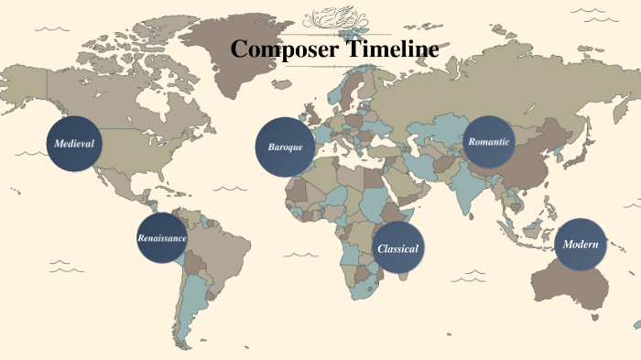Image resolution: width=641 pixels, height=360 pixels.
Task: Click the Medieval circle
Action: coord(75,144)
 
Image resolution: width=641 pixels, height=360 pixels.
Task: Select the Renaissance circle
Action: coord(163,237)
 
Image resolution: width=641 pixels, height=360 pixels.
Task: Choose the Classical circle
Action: coord(398,248)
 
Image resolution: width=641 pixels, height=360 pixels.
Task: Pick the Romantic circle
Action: coord(488,142)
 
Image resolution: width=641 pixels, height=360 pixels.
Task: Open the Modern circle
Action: coord(581,245)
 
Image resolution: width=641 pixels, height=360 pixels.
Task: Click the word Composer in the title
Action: coord(284,49)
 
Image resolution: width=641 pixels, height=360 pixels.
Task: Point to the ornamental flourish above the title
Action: coord(342,17)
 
